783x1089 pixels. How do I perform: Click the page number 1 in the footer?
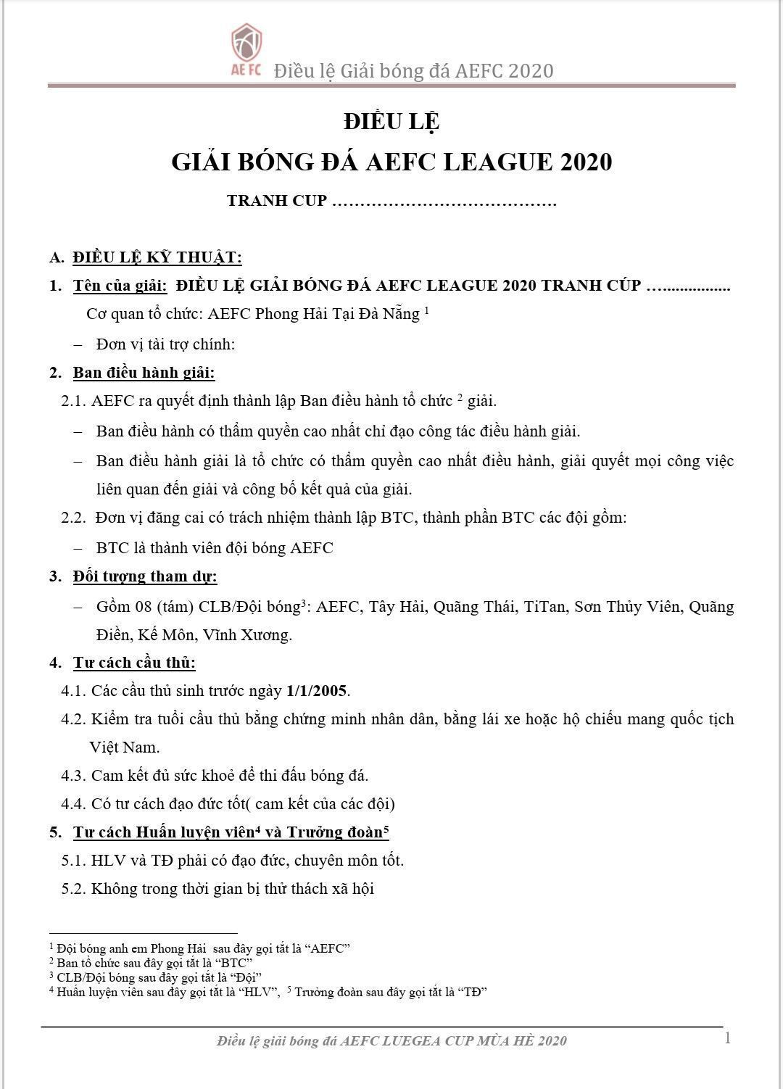coord(727,1038)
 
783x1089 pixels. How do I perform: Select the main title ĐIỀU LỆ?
coord(391,121)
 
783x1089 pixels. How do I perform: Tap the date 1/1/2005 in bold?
coord(317,690)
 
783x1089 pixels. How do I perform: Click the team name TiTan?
coord(544,606)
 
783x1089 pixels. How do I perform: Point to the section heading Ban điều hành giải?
coord(144,373)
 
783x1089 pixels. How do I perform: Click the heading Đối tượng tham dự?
coord(145,576)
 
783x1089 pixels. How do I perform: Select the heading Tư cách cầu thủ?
coord(134,662)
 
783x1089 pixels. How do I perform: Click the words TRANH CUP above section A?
coord(277,201)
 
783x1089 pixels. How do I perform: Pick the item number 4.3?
coord(74,776)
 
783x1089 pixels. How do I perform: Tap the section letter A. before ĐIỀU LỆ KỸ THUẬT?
coord(57,257)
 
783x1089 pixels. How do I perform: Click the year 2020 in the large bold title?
coord(586,162)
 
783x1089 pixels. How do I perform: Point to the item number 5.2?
coord(74,889)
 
